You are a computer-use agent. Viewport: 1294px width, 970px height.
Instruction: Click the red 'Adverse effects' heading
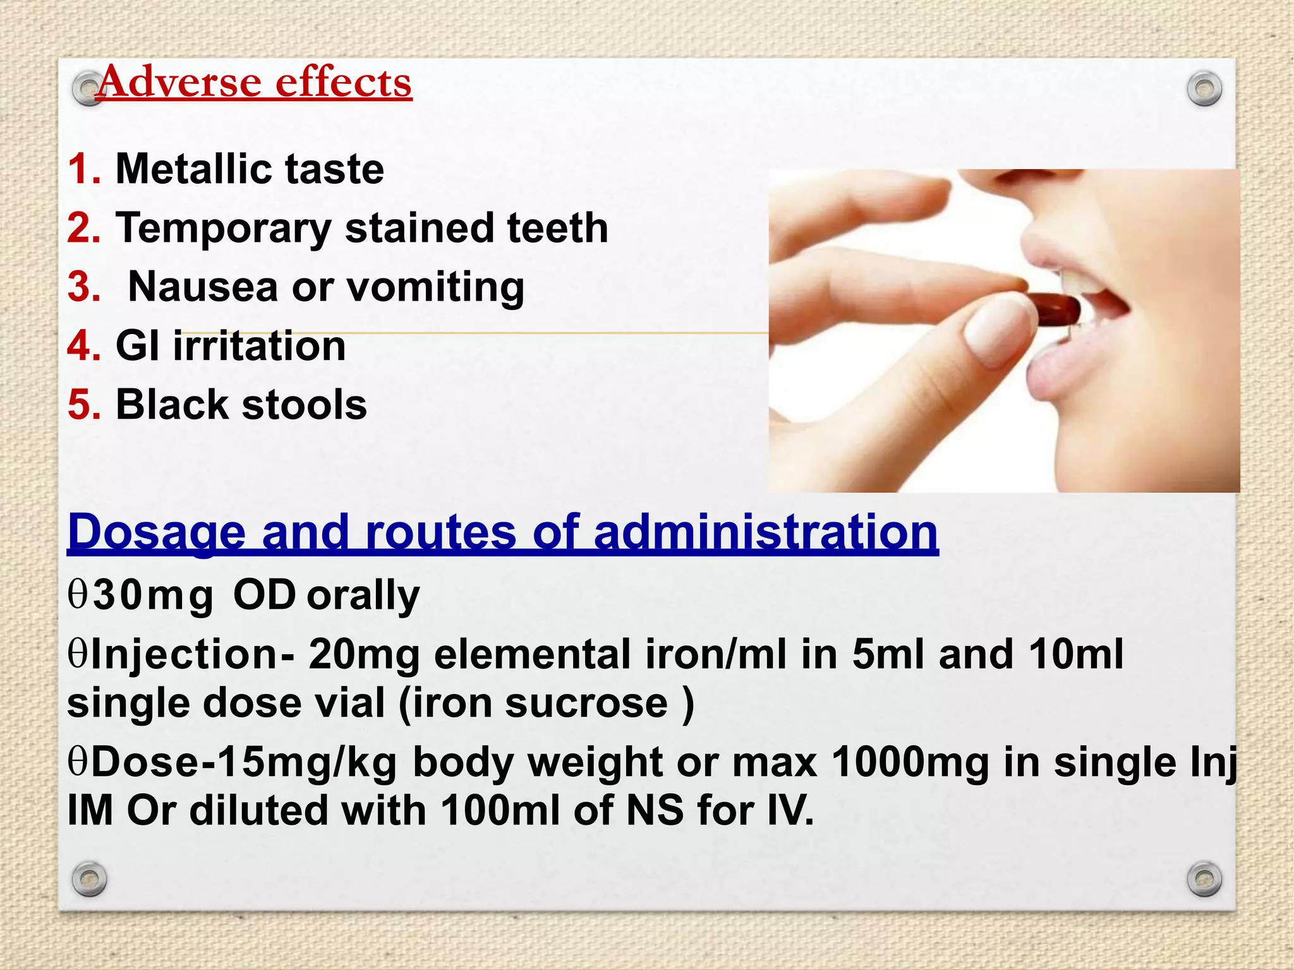[254, 82]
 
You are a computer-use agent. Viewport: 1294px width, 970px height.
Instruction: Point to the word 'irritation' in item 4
[259, 346]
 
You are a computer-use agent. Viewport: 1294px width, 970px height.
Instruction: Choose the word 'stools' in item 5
[305, 405]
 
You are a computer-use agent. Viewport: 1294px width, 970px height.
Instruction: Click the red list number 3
[84, 287]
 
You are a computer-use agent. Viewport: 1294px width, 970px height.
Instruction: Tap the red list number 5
[84, 405]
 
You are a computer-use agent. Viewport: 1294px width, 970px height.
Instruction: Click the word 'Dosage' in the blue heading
[156, 532]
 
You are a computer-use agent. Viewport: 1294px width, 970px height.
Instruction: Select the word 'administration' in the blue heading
[766, 532]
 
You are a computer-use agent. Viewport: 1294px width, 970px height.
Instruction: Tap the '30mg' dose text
[154, 596]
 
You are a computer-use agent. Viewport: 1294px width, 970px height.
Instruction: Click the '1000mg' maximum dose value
[910, 762]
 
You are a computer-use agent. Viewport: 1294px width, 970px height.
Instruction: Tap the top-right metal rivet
[1204, 89]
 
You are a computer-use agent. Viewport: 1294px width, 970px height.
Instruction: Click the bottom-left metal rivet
[89, 878]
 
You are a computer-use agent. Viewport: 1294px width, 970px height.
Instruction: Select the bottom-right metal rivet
[1204, 878]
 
